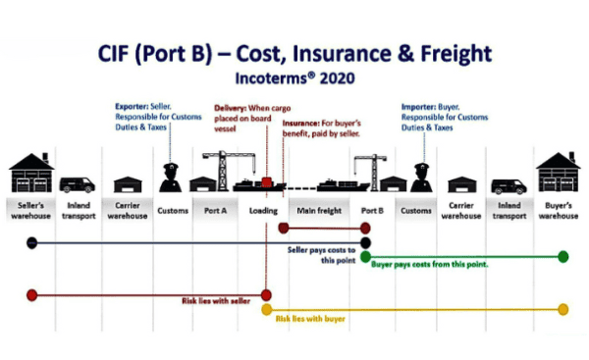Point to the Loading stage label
click(x=263, y=209)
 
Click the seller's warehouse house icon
click(x=29, y=173)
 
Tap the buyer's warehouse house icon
click(x=557, y=173)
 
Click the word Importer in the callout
click(x=420, y=106)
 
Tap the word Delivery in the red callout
click(x=232, y=106)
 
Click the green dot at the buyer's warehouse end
click(x=562, y=257)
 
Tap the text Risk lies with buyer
click(x=311, y=319)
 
